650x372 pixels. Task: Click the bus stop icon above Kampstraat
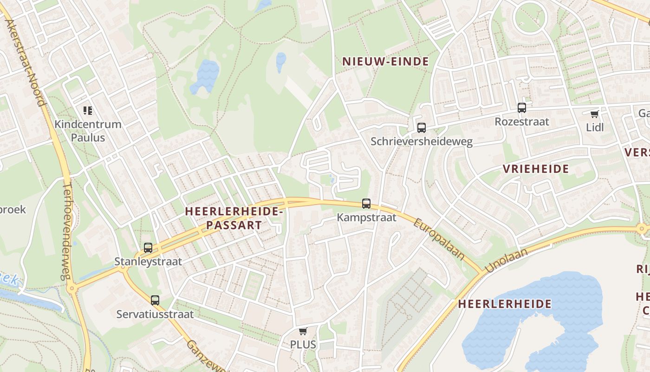366,203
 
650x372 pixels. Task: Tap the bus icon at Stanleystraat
148,248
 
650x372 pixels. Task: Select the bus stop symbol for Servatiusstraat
155,300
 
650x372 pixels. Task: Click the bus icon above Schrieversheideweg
422,127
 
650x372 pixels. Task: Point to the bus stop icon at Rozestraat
522,108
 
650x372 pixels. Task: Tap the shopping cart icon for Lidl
595,114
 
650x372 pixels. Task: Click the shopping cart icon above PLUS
303,331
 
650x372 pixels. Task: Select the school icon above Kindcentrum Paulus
88,111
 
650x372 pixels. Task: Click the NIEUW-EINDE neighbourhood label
385,61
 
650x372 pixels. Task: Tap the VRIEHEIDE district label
536,169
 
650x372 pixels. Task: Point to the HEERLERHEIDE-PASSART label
234,218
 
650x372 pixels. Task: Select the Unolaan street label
507,260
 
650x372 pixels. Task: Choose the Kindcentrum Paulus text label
88,131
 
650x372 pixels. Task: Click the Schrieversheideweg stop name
422,141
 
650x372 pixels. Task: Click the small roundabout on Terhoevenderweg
71,289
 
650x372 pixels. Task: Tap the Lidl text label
595,127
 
